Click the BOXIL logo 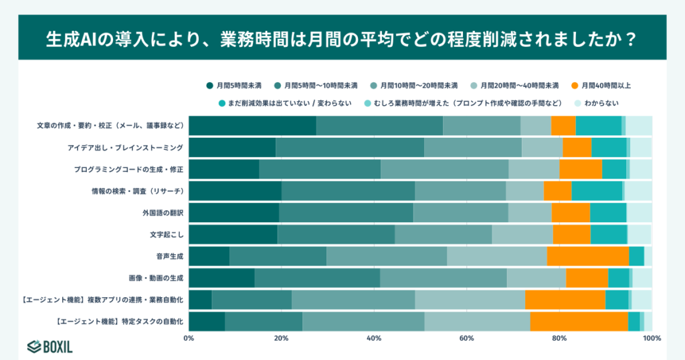tap(50, 346)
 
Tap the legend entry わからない tap(596, 103)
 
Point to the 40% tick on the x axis tap(374, 338)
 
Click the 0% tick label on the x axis tap(189, 338)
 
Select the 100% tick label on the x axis tap(652, 338)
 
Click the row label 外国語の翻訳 tap(163, 213)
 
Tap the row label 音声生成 tap(170, 256)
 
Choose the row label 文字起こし tap(167, 234)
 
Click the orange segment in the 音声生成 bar tap(587, 256)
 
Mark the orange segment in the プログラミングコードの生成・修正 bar tap(580, 169)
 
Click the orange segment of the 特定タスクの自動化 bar tap(579, 321)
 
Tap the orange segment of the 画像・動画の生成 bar tap(587, 278)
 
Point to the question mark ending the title tap(628, 37)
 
